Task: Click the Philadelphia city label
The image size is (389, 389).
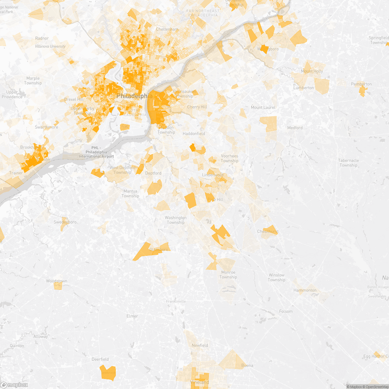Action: pyautogui.click(x=134, y=96)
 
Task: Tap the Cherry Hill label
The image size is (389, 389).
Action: pyautogui.click(x=197, y=107)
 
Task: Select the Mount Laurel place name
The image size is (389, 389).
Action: pyautogui.click(x=263, y=107)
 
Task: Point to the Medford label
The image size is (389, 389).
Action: pyautogui.click(x=295, y=128)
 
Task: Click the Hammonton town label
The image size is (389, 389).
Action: pyautogui.click(x=305, y=290)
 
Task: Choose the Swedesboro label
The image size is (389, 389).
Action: pyautogui.click(x=65, y=222)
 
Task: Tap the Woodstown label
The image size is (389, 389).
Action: pyautogui.click(x=56, y=281)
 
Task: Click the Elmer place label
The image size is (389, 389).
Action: pyautogui.click(x=132, y=316)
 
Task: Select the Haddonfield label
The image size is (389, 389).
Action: pyautogui.click(x=194, y=134)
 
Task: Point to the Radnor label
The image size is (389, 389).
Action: pyautogui.click(x=42, y=38)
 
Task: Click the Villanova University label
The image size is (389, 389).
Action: pyautogui.click(x=50, y=46)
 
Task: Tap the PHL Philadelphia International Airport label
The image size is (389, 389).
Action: pyautogui.click(x=96, y=152)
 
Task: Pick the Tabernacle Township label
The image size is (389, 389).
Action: pyautogui.click(x=348, y=163)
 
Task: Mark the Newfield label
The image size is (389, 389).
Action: pyautogui.click(x=200, y=345)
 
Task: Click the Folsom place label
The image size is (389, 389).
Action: pyautogui.click(x=286, y=311)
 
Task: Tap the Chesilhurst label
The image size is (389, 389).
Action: pyautogui.click(x=267, y=231)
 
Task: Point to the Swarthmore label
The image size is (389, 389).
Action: pyautogui.click(x=46, y=127)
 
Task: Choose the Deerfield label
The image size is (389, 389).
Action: pyautogui.click(x=100, y=359)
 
